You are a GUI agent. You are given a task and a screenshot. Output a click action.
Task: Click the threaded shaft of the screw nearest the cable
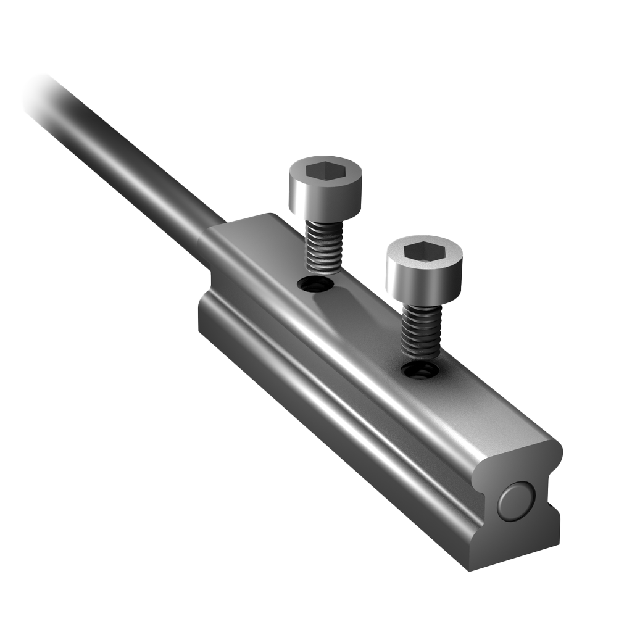324,247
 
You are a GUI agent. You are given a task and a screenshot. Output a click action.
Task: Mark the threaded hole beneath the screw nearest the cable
315,285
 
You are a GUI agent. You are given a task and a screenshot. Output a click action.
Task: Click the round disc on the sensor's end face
516,501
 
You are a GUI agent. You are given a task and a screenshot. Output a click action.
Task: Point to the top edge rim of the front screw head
424,238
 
